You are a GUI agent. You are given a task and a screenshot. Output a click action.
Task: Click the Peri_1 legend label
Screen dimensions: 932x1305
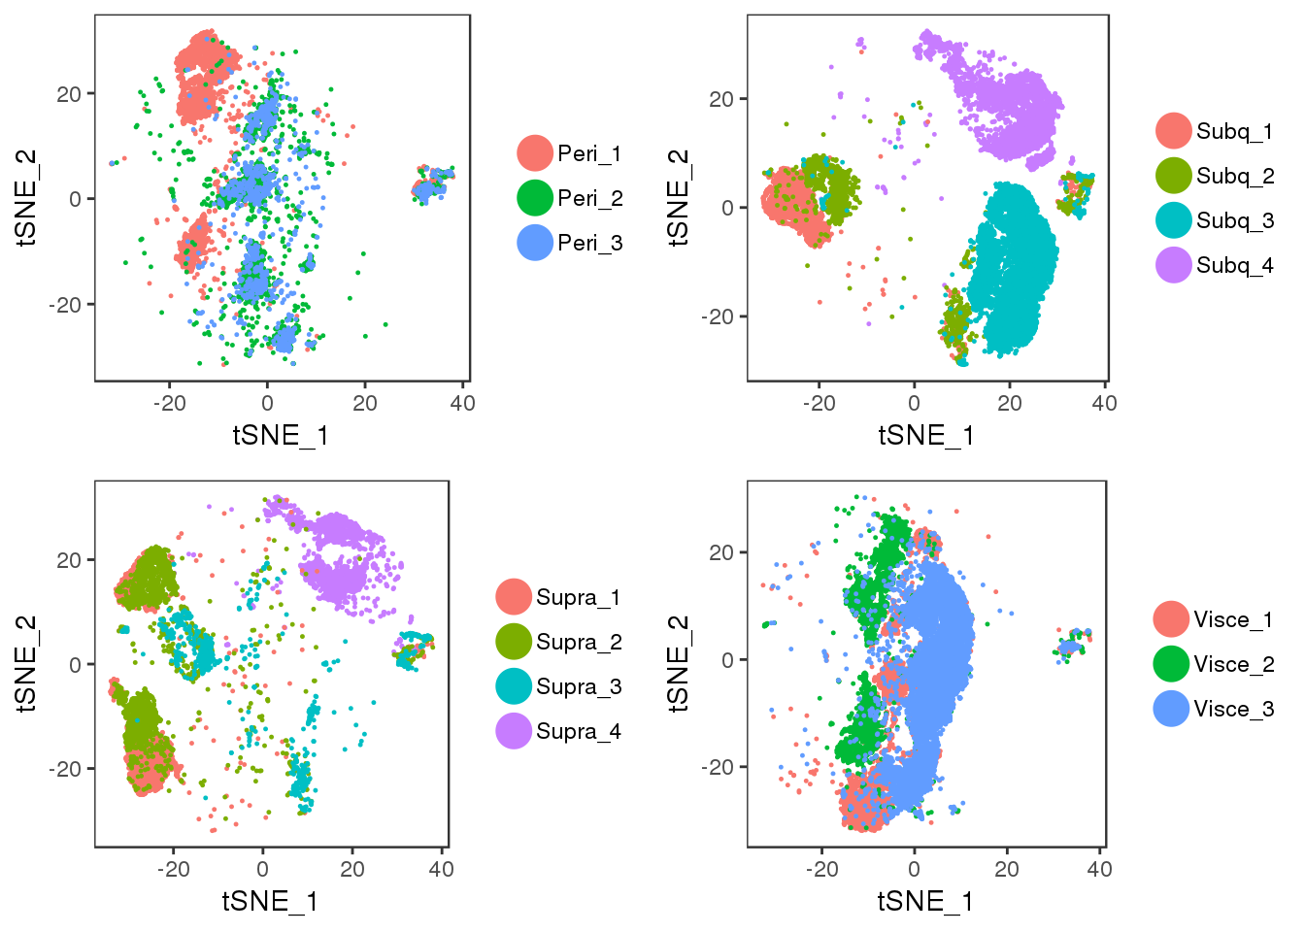tap(589, 153)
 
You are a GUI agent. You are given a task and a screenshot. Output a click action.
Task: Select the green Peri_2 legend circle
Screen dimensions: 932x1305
tap(535, 198)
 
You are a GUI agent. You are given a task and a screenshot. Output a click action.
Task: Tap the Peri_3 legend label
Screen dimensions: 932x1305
tap(589, 243)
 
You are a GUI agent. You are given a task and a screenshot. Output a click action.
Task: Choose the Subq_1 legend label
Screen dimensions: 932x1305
tap(1234, 131)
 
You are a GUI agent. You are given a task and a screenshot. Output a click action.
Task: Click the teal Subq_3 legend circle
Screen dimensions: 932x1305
tap(1174, 220)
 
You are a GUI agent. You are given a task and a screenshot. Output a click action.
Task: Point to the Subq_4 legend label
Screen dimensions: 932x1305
tap(1234, 265)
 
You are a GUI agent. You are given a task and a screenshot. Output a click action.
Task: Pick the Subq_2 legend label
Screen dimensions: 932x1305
tap(1234, 176)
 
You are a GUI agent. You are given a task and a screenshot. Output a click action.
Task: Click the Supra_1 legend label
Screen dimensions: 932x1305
tap(578, 597)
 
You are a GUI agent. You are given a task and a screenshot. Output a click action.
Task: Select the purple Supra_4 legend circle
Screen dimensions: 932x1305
tap(514, 731)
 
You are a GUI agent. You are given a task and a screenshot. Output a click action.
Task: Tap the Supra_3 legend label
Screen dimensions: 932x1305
tap(578, 686)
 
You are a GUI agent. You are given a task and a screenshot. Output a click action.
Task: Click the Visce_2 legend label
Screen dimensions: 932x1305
tap(1233, 664)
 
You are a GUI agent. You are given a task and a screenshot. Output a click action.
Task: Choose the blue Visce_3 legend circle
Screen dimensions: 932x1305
tap(1172, 709)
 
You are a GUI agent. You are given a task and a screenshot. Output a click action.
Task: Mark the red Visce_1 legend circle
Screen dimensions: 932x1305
tap(1172, 619)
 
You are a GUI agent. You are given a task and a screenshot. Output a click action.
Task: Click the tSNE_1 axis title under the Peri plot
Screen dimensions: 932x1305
tap(281, 435)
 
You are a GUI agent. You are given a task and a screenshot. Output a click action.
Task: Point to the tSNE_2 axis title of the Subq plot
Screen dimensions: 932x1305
tap(679, 197)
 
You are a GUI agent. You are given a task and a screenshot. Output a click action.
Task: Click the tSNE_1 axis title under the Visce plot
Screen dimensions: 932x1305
tap(924, 901)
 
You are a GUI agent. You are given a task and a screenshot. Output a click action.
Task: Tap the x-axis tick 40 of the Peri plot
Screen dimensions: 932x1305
tap(462, 403)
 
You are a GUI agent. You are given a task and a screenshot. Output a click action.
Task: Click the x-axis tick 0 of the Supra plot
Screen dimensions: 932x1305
tap(262, 869)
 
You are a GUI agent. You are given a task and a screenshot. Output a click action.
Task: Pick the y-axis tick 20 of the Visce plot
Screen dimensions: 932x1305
tap(721, 552)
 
